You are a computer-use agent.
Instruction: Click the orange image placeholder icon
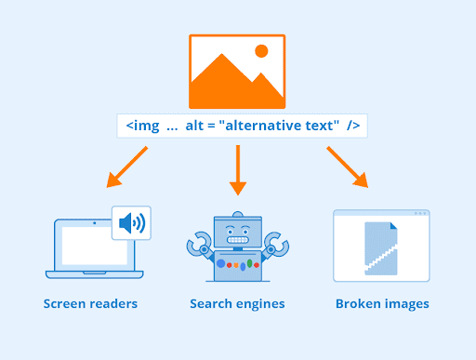237,72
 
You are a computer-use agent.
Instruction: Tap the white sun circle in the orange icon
261,50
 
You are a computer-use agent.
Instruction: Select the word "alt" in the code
197,126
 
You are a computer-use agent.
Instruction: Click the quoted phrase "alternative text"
277,126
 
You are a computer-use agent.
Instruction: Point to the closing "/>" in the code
352,126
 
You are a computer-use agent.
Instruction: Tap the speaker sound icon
131,223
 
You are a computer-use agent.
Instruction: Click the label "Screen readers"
90,304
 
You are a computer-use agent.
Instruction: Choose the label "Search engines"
237,304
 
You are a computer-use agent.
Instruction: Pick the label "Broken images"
382,304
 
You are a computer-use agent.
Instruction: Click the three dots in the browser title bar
419,214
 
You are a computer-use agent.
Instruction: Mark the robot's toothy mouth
238,240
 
